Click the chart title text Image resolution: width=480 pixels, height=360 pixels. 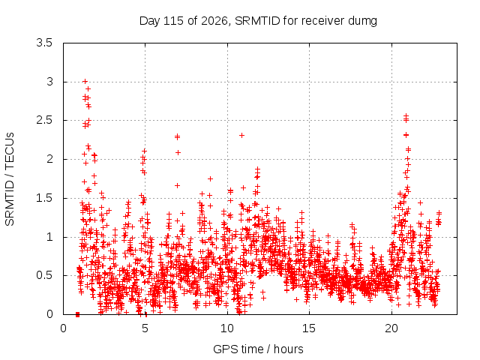(258, 21)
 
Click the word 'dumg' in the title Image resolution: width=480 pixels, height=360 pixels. (362, 22)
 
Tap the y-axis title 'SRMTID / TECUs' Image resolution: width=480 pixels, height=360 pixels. (10, 179)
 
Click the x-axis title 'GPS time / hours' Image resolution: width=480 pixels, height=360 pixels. (258, 349)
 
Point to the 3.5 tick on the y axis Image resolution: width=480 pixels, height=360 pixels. (44, 43)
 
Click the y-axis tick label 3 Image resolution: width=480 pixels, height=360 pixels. (49, 82)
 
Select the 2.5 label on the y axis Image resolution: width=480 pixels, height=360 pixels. (44, 120)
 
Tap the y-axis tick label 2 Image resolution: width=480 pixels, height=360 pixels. (49, 159)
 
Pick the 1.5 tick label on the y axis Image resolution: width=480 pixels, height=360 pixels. (44, 198)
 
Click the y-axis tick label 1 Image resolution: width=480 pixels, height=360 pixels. (49, 237)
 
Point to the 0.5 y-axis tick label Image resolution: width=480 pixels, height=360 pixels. (44, 275)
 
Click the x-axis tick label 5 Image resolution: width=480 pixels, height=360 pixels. (145, 328)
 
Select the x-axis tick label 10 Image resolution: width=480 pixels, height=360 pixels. (227, 328)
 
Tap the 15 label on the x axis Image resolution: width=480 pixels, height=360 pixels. (309, 328)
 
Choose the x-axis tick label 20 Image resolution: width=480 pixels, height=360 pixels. (391, 328)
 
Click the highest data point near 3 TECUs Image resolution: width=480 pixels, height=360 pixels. (85, 82)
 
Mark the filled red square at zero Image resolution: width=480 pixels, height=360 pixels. (77, 314)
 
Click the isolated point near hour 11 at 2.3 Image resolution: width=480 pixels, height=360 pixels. (241, 135)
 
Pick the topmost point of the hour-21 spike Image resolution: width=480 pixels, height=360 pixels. (406, 115)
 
